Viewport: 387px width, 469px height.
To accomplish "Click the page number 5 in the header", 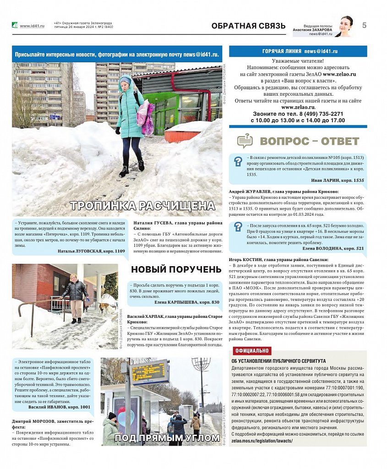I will pos(364,25).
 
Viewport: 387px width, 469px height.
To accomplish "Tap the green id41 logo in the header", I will pos(15,25).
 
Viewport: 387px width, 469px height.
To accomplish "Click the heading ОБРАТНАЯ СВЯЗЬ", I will pos(248,26).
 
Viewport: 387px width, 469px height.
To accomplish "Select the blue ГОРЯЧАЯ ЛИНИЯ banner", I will pos(298,51).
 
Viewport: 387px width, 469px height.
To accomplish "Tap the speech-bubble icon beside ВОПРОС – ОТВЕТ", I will pos(245,141).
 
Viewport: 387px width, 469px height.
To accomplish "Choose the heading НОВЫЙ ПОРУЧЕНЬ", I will pos(176,269).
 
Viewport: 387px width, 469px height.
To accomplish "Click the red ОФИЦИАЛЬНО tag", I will pos(252,351).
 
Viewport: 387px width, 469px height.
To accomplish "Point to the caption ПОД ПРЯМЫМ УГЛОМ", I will pos(167,438).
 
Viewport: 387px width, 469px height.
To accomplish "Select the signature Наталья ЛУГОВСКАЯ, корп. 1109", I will pos(91,251).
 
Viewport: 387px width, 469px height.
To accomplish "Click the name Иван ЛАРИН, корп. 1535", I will pos(338,180).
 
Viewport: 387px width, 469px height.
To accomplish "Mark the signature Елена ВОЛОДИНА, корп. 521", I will pos(333,248).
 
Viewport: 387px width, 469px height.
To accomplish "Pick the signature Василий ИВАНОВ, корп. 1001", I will pos(59,407).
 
